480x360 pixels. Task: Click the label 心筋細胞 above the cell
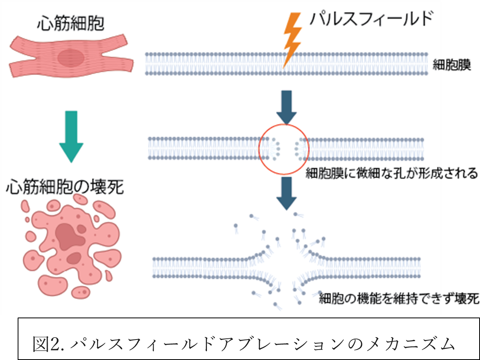point(71,24)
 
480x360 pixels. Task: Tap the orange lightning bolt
point(292,38)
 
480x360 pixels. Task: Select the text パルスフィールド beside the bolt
point(371,19)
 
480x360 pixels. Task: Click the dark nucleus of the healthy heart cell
point(71,58)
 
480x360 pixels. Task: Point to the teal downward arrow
point(71,137)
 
